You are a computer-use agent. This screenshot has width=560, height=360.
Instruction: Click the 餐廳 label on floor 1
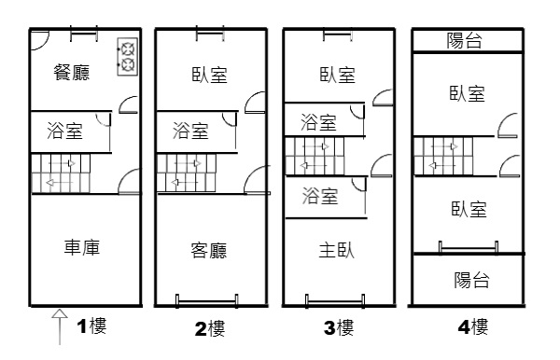[x=72, y=73]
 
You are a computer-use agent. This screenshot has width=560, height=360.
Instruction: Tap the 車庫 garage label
[x=82, y=247]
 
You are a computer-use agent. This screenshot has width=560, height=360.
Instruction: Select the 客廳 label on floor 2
[x=209, y=250]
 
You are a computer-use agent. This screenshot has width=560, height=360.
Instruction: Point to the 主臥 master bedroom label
[x=336, y=250]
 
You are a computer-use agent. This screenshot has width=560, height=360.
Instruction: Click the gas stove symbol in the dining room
[x=128, y=56]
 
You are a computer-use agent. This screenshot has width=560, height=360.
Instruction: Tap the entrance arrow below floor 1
[x=60, y=326]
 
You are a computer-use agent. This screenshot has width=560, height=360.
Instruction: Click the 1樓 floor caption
[x=91, y=325]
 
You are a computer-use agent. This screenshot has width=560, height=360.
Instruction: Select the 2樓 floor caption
[x=210, y=328]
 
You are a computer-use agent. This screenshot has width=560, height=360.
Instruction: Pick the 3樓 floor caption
[x=339, y=327]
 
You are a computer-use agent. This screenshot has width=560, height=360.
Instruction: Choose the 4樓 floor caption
[x=473, y=326]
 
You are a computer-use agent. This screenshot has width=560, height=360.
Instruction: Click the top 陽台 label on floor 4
[x=464, y=40]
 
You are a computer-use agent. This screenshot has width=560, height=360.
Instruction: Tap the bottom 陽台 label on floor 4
[x=471, y=280]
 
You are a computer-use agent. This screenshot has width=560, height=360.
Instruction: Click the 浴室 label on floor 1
[x=64, y=131]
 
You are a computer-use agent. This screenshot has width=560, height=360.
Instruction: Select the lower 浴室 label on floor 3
[x=320, y=196]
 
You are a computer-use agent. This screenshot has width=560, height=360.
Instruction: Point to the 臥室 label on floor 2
[x=209, y=75]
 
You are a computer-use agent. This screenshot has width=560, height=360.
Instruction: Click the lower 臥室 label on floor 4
[x=469, y=209]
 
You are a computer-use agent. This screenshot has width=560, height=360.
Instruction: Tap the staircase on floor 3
[x=315, y=157]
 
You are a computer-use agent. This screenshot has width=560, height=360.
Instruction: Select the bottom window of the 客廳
[x=207, y=302]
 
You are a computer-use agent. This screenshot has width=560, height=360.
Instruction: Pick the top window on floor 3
[x=338, y=35]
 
